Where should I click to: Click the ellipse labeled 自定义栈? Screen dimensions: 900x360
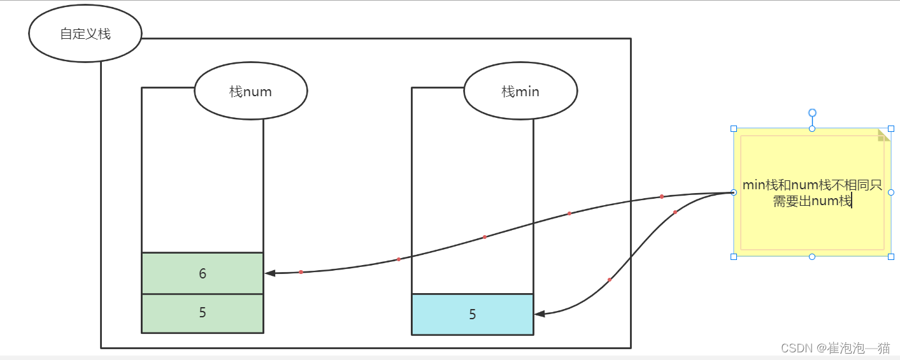coord(85,34)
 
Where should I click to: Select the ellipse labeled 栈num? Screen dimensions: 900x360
coord(251,91)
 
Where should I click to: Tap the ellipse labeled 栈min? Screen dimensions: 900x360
coord(520,91)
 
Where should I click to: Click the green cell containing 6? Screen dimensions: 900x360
coord(203,273)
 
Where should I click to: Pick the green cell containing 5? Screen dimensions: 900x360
coord(203,313)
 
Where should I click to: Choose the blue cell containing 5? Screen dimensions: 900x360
coord(472,314)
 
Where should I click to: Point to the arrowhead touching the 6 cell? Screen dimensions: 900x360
coord(270,273)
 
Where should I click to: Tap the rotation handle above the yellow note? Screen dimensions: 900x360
coord(812,113)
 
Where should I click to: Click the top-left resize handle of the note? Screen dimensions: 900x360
coord(734,129)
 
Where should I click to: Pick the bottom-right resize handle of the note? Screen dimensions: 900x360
coord(890,256)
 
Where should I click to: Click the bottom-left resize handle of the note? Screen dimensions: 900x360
coord(734,256)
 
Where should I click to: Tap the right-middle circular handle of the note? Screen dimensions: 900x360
coord(890,192)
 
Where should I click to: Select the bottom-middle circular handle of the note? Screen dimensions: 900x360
coord(812,256)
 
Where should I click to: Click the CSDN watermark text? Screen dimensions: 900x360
coord(834,348)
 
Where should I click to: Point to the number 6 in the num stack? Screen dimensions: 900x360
coord(203,273)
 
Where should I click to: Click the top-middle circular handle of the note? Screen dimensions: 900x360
coord(812,129)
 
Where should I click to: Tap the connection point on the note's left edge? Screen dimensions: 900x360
coord(734,192)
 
